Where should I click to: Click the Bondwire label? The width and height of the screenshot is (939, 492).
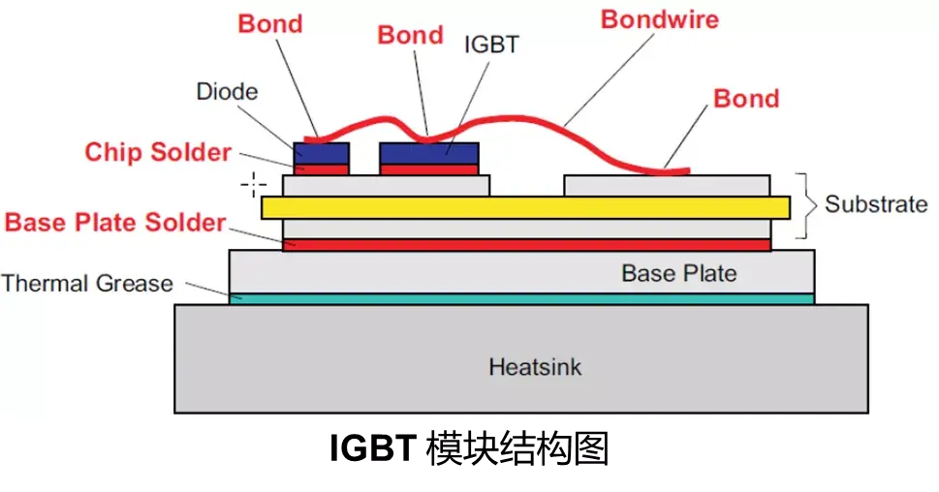(660, 19)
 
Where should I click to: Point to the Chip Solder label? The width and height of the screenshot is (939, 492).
(158, 152)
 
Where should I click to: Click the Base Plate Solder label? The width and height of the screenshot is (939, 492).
(115, 222)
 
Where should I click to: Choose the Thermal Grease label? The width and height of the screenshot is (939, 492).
(86, 284)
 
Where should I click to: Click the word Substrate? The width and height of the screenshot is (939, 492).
(875, 204)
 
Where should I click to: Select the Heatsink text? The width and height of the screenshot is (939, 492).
(535, 368)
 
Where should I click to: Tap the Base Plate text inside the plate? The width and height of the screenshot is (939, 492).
(678, 273)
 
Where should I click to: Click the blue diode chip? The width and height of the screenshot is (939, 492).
(321, 153)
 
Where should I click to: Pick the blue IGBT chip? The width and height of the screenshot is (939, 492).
(428, 153)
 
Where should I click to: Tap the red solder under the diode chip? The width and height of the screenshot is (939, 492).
(321, 169)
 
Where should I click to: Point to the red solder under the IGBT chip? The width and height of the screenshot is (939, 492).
(428, 169)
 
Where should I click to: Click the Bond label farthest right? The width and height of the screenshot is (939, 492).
(745, 99)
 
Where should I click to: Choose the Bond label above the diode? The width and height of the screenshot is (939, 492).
(270, 23)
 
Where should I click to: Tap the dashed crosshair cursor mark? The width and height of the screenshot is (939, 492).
(254, 181)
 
